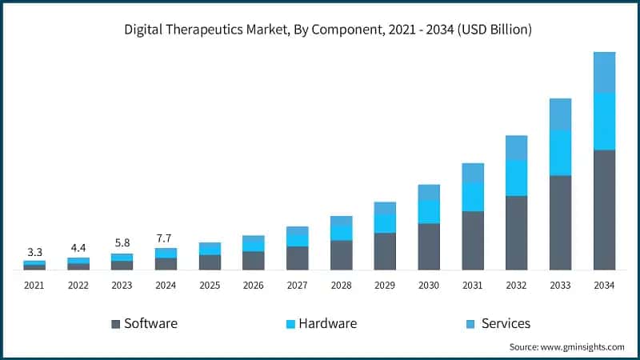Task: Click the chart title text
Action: click(328, 30)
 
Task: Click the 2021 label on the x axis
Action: click(34, 285)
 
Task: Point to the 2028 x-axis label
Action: click(342, 285)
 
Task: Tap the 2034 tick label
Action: click(604, 285)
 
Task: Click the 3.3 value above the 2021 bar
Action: click(34, 251)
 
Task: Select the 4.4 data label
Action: click(78, 248)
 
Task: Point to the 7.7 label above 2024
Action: click(166, 238)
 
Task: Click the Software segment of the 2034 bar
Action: click(604, 210)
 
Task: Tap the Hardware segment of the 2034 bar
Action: click(604, 121)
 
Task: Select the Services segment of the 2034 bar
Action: click(604, 72)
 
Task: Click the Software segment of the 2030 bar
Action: click(429, 246)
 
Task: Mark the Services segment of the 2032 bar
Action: click(517, 147)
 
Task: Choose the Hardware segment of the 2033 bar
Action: click(560, 152)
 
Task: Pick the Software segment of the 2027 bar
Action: click(298, 258)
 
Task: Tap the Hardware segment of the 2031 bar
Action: click(473, 196)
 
